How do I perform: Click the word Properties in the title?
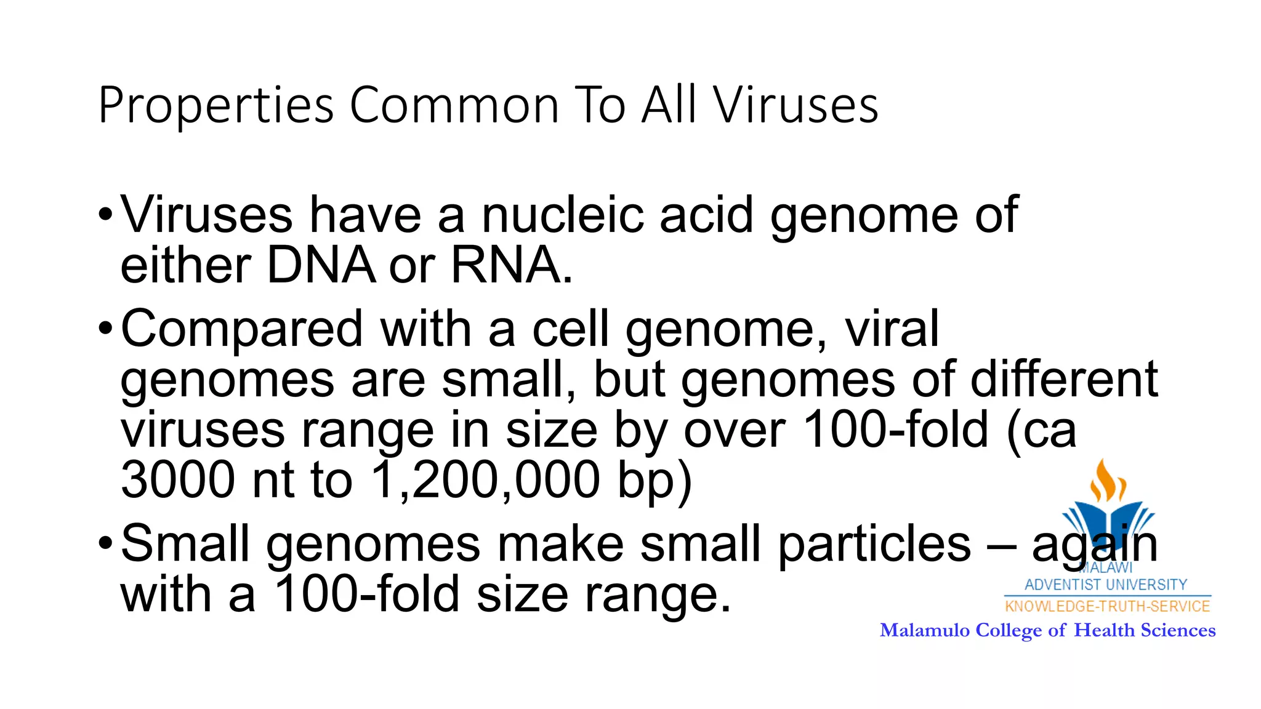point(216,106)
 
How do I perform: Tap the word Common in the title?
point(454,106)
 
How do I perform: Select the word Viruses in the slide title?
point(796,106)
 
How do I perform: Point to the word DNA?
point(321,265)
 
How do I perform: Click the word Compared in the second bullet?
point(241,329)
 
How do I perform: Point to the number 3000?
point(177,479)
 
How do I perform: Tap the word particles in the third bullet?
point(874,544)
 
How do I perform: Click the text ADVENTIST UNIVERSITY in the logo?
point(1106,584)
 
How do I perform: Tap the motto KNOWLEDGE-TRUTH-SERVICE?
point(1107,606)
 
